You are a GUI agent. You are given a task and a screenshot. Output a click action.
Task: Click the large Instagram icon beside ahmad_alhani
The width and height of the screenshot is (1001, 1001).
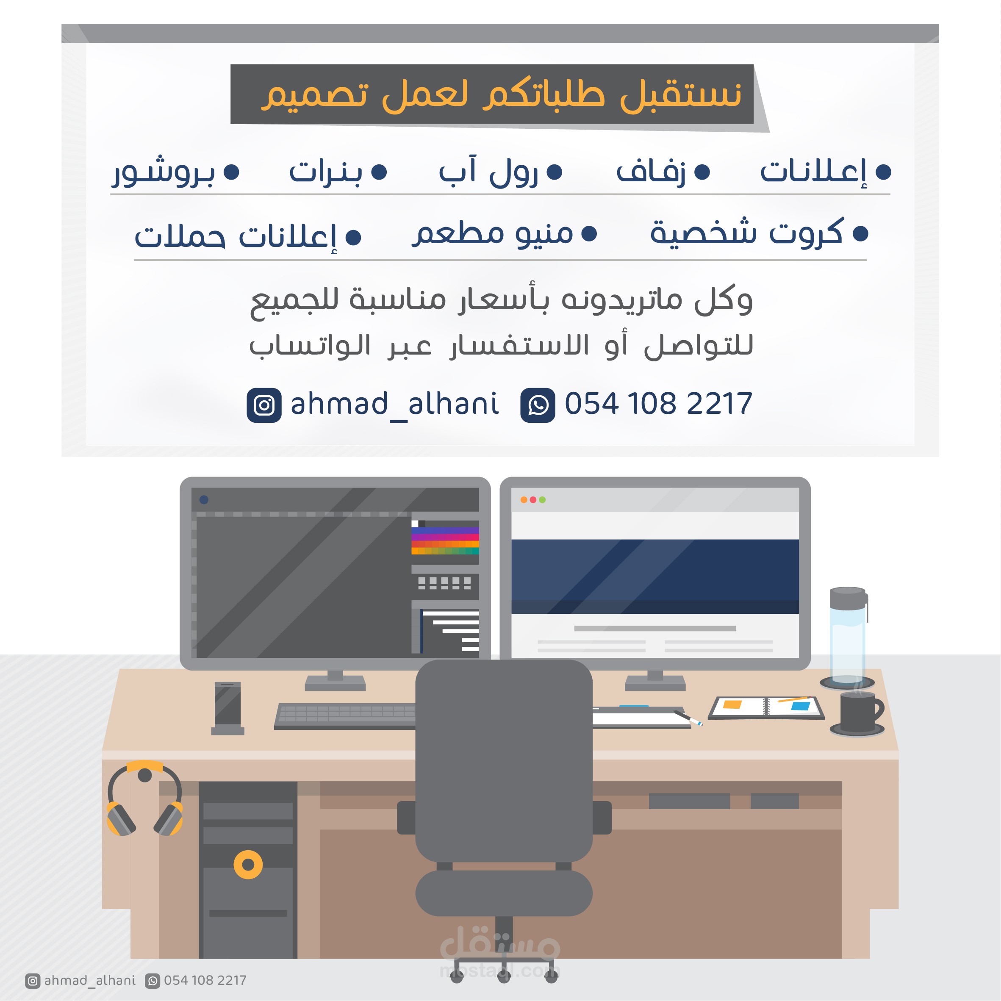[264, 405]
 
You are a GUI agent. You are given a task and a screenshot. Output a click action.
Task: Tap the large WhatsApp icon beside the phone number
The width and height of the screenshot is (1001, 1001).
[538, 405]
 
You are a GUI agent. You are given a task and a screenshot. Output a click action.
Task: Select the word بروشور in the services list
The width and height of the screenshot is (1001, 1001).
[164, 172]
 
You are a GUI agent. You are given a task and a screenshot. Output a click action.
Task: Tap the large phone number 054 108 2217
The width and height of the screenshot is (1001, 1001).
[658, 404]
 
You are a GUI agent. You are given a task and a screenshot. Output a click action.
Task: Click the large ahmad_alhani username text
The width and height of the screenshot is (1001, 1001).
[395, 404]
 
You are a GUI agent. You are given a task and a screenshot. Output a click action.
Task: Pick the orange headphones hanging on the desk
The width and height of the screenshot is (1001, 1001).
[144, 799]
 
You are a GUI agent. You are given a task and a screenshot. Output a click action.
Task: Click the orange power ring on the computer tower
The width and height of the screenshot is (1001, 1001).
[248, 865]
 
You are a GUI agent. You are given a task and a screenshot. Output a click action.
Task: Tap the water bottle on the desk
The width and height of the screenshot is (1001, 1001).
[848, 635]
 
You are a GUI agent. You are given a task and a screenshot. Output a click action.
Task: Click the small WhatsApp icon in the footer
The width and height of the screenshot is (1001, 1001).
[153, 980]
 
